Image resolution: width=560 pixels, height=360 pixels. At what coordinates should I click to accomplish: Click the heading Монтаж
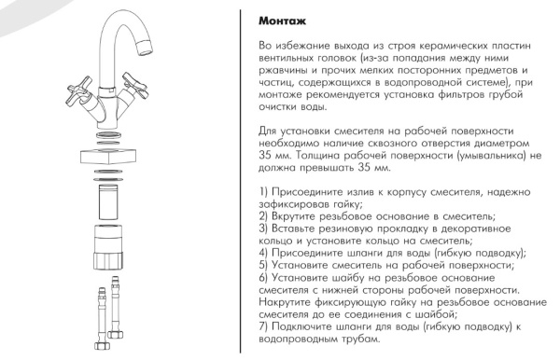(282, 21)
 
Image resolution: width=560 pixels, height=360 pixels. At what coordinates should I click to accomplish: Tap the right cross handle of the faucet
(135, 85)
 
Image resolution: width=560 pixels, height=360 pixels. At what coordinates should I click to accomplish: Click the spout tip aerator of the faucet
(147, 48)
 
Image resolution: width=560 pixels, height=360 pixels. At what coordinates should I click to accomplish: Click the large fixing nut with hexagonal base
(109, 247)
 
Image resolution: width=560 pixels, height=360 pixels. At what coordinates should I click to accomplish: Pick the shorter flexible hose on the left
(102, 318)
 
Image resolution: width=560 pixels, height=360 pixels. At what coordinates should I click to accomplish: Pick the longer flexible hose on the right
(116, 307)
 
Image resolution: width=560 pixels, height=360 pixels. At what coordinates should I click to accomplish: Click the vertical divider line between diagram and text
(241, 181)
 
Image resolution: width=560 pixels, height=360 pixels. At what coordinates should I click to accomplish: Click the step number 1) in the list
(263, 192)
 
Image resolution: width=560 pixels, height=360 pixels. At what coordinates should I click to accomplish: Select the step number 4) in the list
(263, 253)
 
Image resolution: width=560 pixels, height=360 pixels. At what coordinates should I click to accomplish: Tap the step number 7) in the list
(263, 326)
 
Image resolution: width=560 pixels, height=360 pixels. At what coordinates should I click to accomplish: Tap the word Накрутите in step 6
(285, 302)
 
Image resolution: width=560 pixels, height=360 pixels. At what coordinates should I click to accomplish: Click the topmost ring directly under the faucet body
(109, 135)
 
